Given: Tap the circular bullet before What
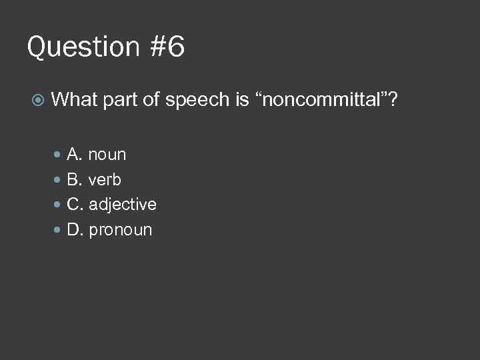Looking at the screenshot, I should (x=38, y=101).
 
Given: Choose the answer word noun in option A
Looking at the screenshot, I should (x=107, y=155).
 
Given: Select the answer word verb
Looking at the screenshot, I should (x=105, y=179).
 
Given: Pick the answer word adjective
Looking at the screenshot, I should (x=123, y=205).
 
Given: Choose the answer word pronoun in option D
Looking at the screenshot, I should (x=120, y=230).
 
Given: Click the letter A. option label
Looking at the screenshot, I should (x=75, y=155).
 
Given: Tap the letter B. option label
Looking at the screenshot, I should (x=75, y=179).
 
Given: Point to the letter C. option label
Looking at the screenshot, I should (x=75, y=205).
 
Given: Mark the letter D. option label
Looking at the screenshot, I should (x=75, y=230).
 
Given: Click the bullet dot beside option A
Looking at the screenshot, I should (x=57, y=155).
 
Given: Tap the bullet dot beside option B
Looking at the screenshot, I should (x=57, y=179).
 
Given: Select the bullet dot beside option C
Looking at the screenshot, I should (x=57, y=205).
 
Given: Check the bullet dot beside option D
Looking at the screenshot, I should (x=57, y=230).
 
